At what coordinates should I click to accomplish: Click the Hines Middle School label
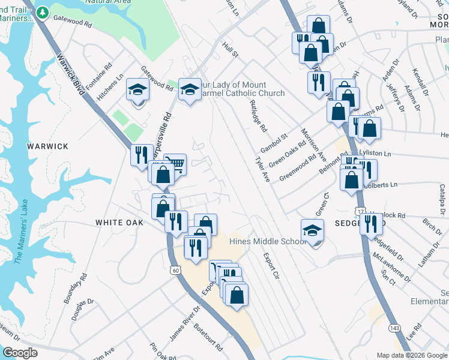coord(268,241)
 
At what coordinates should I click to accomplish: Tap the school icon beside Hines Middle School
coord(312,231)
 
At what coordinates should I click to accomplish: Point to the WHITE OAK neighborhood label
coord(119,223)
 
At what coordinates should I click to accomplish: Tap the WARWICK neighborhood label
coord(47,146)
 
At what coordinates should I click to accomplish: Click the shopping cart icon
coord(175,163)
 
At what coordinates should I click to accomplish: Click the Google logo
coord(20,353)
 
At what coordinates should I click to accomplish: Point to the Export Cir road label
coord(272,266)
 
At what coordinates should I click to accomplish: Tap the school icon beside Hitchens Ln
coord(137,91)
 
